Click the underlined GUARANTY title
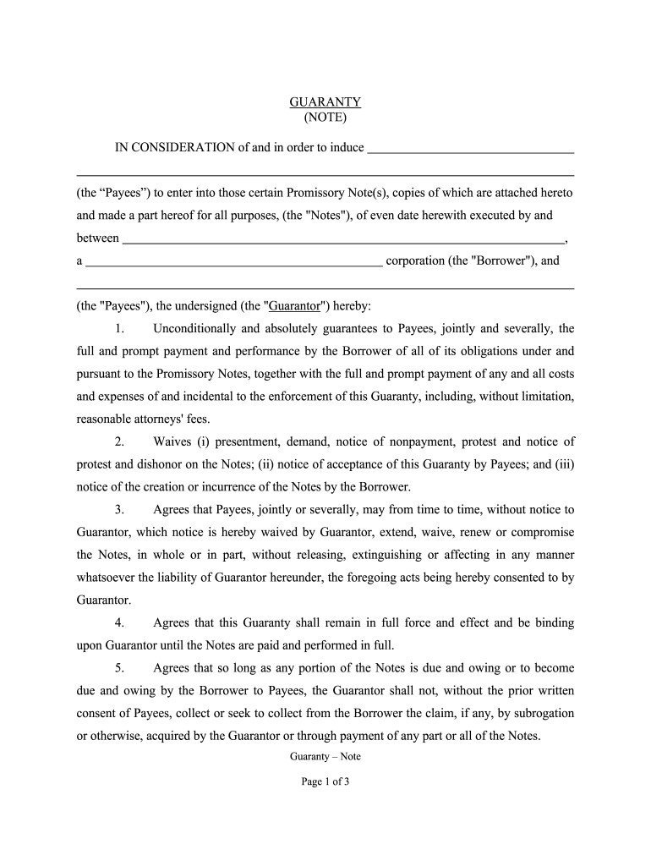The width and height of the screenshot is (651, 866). coord(325,102)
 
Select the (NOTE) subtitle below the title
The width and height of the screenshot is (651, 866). coord(325,118)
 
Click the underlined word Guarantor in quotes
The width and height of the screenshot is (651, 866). coord(293,305)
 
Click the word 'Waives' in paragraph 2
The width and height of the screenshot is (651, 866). coord(172,441)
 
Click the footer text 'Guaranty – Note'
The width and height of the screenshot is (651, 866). coord(325,757)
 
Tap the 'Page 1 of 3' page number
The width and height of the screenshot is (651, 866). coord(325,781)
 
